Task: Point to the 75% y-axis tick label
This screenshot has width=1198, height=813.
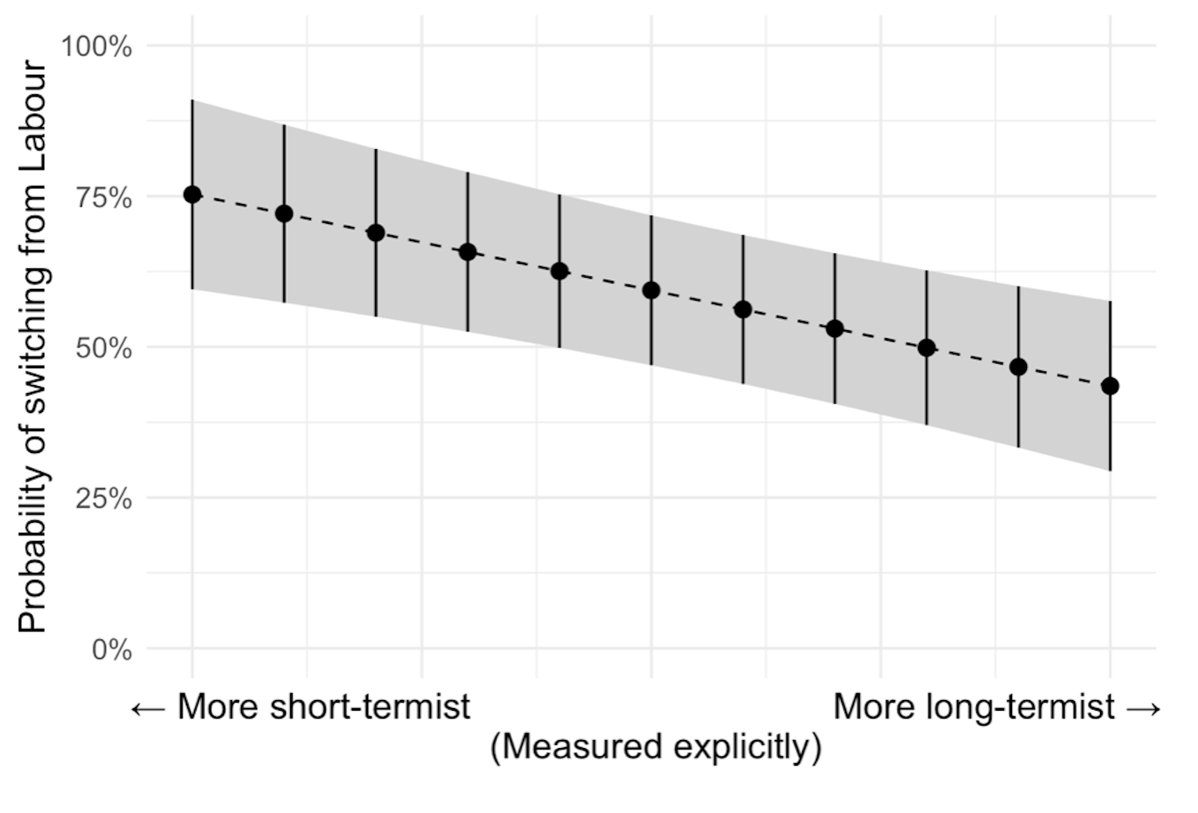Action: coord(104,198)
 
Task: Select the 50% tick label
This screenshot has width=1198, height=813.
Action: coord(104,348)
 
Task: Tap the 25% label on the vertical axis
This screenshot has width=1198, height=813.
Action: coord(104,499)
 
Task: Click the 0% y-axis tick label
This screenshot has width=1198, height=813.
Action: coord(112,650)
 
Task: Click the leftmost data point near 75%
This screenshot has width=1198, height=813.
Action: coord(192,195)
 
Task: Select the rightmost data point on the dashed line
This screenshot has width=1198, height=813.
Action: coord(1110,386)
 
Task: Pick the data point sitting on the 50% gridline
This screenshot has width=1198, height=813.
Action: coord(927,348)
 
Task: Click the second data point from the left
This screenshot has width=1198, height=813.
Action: coord(284,214)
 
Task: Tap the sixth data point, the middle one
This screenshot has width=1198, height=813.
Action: coord(651,291)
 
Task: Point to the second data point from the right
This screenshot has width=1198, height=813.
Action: coord(1018,368)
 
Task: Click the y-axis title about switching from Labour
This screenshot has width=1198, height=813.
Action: coord(32,347)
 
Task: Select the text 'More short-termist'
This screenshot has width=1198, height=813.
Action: coord(323,707)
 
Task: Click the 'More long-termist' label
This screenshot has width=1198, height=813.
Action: coord(974,707)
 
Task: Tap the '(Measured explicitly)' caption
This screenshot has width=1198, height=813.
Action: coord(656,747)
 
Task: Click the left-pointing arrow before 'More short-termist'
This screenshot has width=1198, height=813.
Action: coord(149,709)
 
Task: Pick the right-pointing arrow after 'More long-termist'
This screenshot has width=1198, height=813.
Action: coord(1144,709)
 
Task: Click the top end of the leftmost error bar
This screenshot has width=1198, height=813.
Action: coord(192,100)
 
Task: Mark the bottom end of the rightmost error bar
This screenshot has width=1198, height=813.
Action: coord(1110,470)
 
